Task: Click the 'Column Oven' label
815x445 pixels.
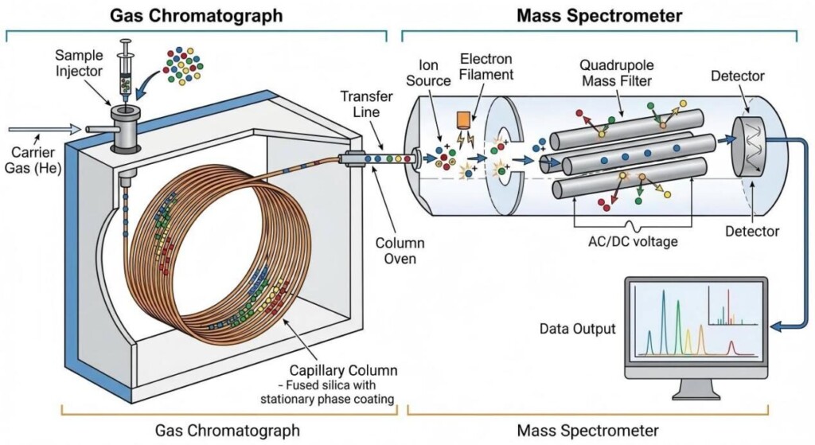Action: tap(400, 252)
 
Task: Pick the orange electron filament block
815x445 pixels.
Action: tap(465, 120)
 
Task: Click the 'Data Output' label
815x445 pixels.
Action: tap(577, 328)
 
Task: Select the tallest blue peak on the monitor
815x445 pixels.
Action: tap(663, 318)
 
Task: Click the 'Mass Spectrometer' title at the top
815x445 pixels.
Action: tap(599, 15)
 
